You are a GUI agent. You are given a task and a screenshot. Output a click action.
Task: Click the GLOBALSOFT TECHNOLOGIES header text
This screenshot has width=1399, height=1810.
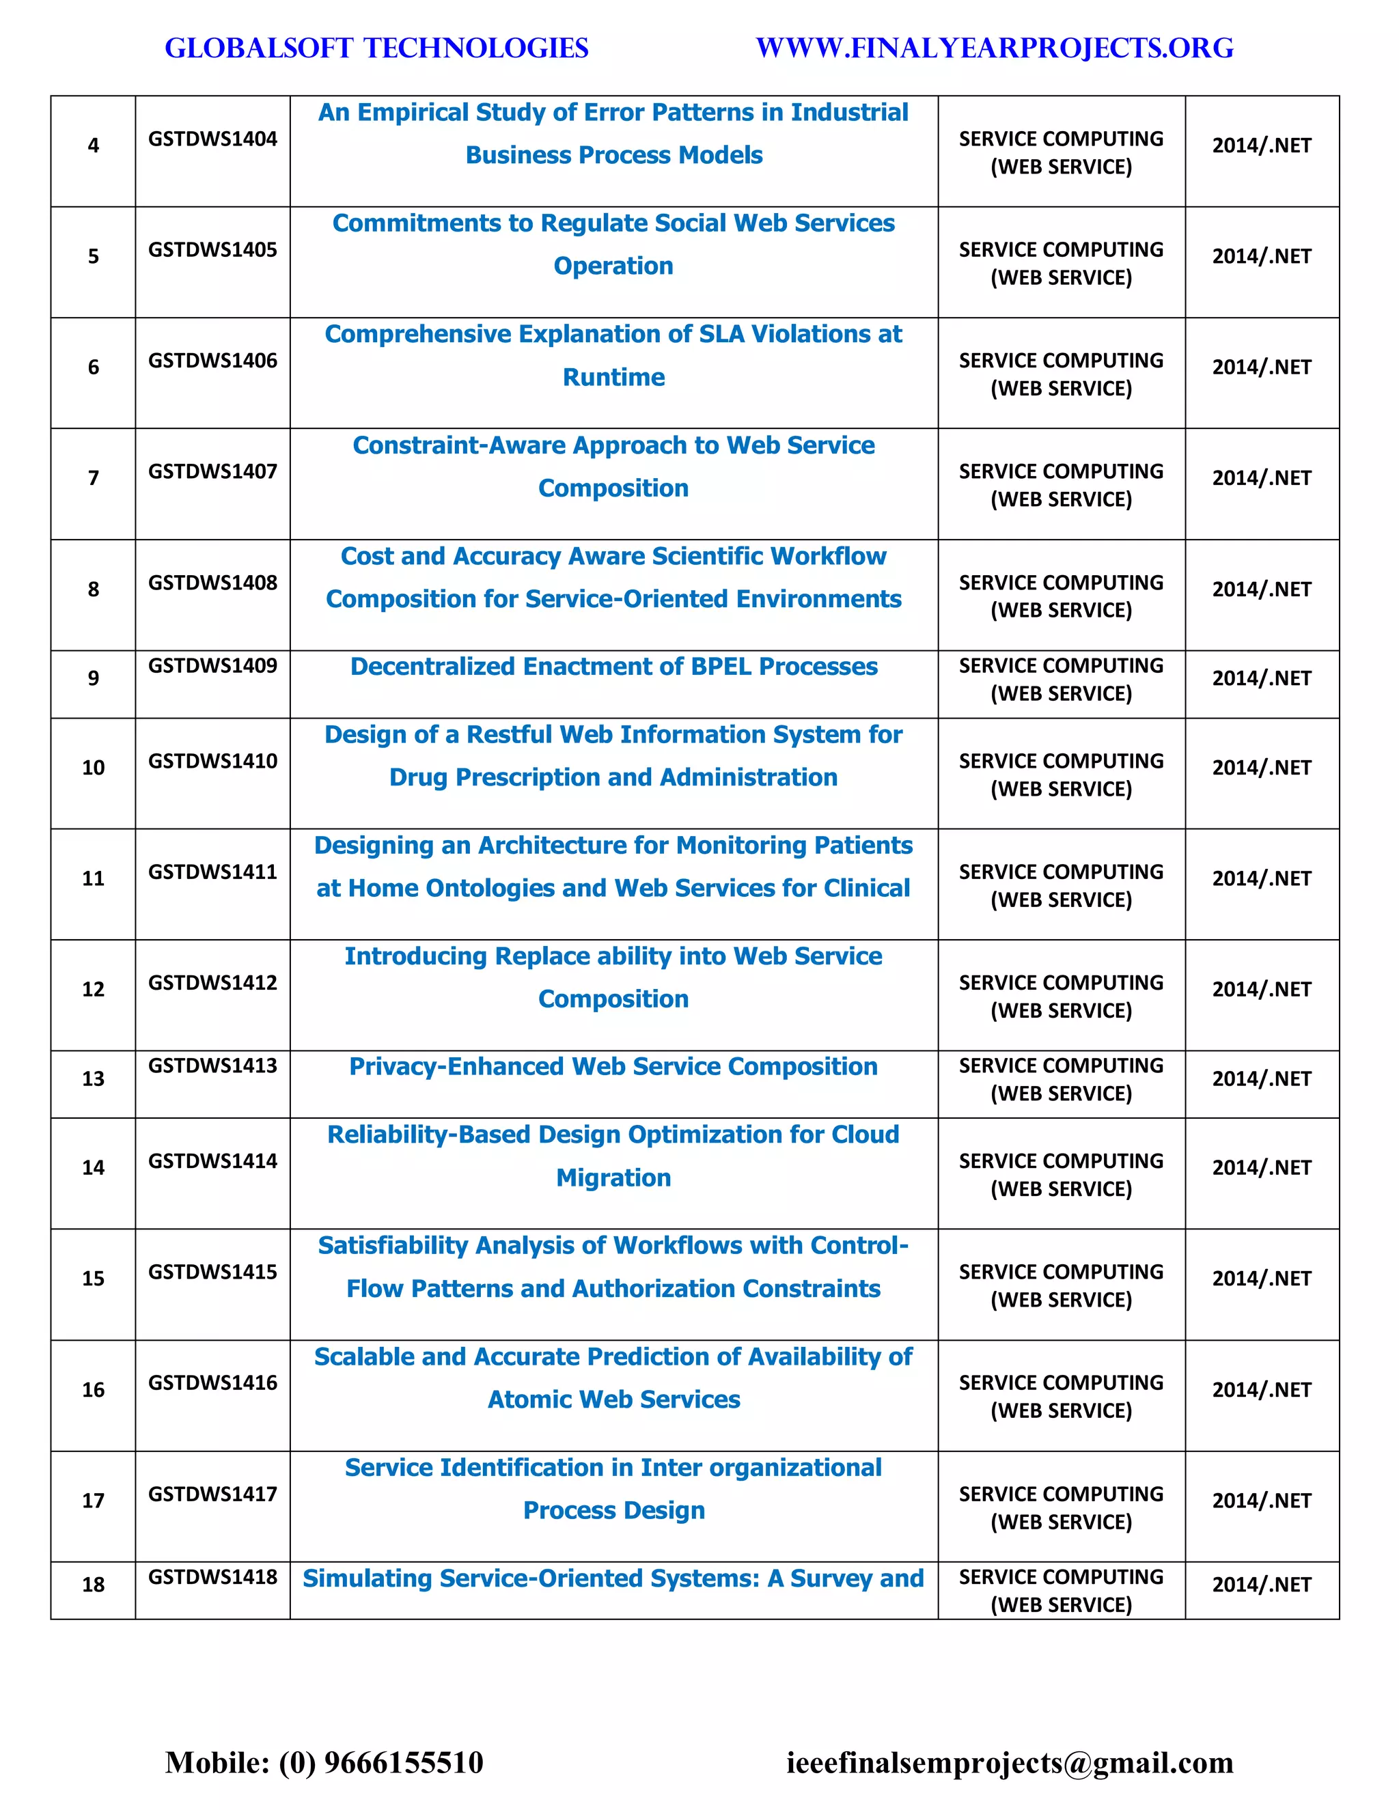(376, 48)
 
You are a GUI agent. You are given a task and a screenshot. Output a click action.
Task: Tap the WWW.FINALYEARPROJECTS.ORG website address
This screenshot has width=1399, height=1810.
(995, 48)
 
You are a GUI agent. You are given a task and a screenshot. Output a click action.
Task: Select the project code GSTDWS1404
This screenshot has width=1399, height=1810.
(212, 139)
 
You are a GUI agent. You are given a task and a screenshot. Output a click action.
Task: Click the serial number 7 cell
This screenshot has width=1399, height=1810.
(93, 478)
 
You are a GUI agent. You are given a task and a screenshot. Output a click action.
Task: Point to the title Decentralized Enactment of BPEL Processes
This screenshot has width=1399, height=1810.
(613, 667)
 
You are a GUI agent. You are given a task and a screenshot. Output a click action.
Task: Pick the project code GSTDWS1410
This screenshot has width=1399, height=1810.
(212, 761)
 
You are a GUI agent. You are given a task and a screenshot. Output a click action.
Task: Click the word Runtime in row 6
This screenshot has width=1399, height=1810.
(613, 377)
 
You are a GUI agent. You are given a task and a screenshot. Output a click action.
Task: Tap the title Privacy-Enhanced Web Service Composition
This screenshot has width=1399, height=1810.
(613, 1067)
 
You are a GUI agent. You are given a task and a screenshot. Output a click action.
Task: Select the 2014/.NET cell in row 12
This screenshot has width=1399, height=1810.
(1262, 990)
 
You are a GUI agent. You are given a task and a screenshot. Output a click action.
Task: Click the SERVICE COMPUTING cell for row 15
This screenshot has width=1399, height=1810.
(1061, 1285)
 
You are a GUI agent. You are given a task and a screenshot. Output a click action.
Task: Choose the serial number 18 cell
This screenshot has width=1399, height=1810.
(93, 1585)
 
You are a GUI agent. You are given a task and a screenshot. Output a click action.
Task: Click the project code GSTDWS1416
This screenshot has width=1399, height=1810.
(212, 1382)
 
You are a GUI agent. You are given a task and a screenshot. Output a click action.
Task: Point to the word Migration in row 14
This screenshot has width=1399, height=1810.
(613, 1178)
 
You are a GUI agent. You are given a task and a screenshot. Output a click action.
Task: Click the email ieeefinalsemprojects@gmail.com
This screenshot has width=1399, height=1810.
(1010, 1762)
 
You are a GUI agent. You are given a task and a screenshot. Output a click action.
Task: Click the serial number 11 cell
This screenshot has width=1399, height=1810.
(93, 878)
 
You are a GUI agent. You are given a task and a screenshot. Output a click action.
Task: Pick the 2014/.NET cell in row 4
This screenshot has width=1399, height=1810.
(1262, 146)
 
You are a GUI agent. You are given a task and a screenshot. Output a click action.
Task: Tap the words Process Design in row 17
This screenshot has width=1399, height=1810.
(613, 1511)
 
